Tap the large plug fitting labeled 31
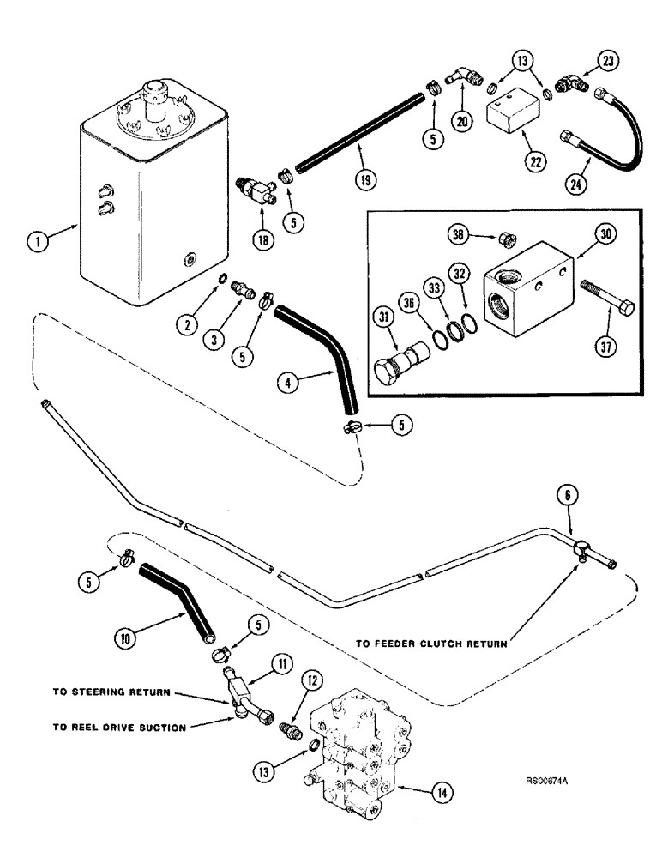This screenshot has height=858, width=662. pyautogui.click(x=395, y=350)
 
